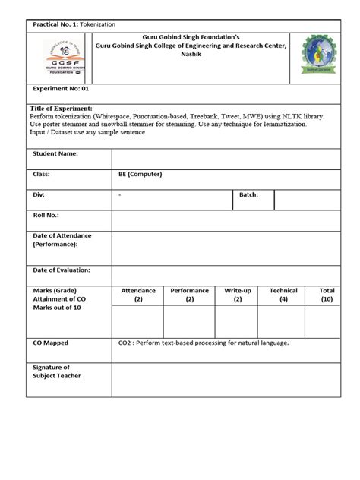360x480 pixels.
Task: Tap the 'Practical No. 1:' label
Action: [x=56, y=26]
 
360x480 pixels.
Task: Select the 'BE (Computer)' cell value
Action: [x=141, y=174]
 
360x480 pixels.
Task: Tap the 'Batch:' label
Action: [x=248, y=195]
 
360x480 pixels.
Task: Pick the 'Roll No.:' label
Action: [x=47, y=215]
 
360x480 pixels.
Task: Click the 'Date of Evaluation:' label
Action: [x=62, y=270]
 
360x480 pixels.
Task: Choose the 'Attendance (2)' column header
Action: [x=138, y=295]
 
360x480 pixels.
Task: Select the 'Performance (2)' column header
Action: [x=189, y=295]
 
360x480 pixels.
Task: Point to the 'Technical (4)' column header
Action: [x=283, y=295]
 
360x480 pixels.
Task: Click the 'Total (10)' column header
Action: [x=327, y=295]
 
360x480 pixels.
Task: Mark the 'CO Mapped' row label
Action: [x=51, y=343]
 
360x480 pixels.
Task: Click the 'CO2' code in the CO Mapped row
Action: [x=125, y=343]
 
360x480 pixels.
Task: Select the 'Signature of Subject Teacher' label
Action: [x=57, y=371]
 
